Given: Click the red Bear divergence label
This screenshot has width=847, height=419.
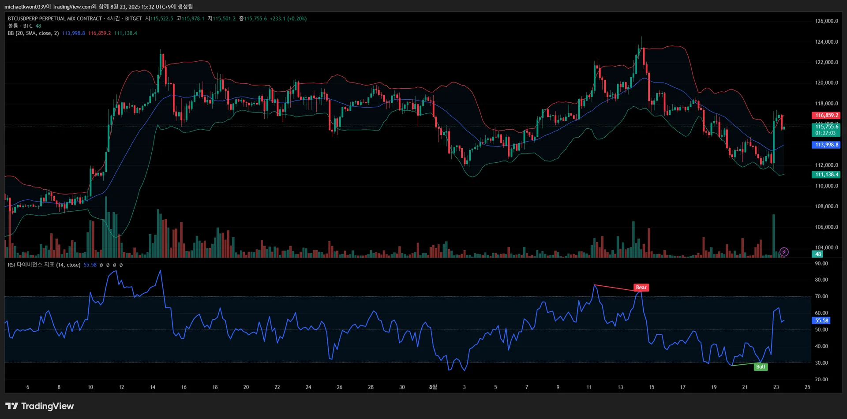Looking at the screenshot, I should pyautogui.click(x=641, y=288).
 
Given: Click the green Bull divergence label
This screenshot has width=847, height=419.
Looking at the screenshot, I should pyautogui.click(x=761, y=367).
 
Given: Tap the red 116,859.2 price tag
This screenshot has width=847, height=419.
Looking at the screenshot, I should pyautogui.click(x=826, y=116).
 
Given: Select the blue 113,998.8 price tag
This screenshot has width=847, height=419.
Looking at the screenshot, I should pyautogui.click(x=826, y=145).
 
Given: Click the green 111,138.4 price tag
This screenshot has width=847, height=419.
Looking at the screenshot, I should pyautogui.click(x=826, y=175).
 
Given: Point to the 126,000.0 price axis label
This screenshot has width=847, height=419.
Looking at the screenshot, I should pyautogui.click(x=826, y=21).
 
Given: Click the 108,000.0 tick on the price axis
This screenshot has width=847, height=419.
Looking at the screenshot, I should pyautogui.click(x=826, y=206).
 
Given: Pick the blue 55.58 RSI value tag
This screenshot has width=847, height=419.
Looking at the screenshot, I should pyautogui.click(x=821, y=321).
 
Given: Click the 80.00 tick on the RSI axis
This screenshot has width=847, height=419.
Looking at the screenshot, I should pyautogui.click(x=821, y=280).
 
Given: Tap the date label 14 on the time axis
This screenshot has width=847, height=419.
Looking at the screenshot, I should pyautogui.click(x=153, y=387).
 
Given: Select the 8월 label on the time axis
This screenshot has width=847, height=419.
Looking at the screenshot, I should pyautogui.click(x=433, y=387).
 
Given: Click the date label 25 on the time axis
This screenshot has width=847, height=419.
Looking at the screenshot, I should pyautogui.click(x=807, y=387).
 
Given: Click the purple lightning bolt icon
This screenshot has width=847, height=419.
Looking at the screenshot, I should pyautogui.click(x=784, y=252).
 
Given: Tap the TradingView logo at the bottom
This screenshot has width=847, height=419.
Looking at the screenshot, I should pyautogui.click(x=40, y=406).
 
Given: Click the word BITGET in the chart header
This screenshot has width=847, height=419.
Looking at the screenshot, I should pyautogui.click(x=133, y=19).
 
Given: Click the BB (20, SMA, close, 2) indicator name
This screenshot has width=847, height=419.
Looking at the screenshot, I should pyautogui.click(x=33, y=33).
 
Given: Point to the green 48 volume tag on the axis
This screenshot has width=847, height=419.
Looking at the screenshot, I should pyautogui.click(x=818, y=254).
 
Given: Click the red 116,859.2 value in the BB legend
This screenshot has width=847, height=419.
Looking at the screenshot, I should pyautogui.click(x=99, y=33).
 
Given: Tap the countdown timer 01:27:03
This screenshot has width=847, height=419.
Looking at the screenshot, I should pyautogui.click(x=825, y=133).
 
